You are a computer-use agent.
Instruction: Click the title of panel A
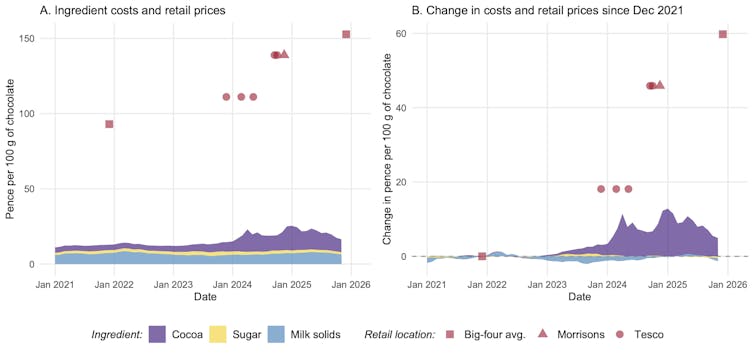tap(118, 10)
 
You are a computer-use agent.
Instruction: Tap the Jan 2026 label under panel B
tap(728, 284)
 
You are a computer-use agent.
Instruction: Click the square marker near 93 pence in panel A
tap(109, 124)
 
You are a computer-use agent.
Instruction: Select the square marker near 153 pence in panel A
tap(346, 34)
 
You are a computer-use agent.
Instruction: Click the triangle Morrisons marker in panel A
tap(284, 54)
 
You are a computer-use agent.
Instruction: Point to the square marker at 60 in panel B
tap(723, 34)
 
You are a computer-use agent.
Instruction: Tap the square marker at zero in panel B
tap(482, 256)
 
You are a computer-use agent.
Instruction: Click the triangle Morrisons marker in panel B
tap(660, 85)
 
